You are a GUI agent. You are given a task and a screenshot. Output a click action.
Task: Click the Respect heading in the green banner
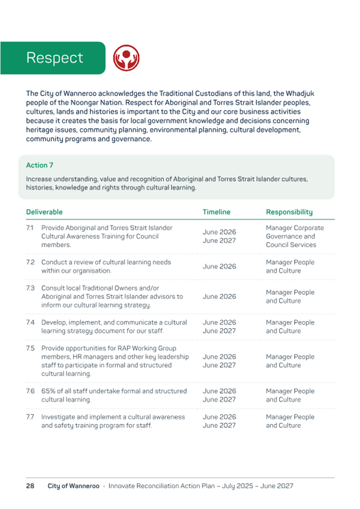55,58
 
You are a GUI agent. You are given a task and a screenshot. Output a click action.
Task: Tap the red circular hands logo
126,58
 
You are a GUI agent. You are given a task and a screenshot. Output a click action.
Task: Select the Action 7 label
39,165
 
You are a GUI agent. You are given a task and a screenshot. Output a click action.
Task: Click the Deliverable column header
44,212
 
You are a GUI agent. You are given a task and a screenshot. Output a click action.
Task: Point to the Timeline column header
217,212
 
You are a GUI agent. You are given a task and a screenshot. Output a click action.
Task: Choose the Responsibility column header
289,212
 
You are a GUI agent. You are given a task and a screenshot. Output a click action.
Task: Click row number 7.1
30,228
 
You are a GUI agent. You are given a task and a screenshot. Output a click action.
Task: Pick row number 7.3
31,288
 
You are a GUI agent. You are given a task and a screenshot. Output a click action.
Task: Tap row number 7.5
31,349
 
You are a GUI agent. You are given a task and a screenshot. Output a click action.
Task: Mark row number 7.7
31,417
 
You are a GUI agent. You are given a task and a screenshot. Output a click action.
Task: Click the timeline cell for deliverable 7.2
219,266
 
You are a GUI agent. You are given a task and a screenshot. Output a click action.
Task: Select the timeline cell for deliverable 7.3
219,296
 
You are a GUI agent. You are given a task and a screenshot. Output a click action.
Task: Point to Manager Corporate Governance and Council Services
295,236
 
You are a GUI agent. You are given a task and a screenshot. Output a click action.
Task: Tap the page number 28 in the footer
30,486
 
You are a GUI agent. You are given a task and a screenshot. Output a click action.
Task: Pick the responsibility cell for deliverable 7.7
290,421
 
